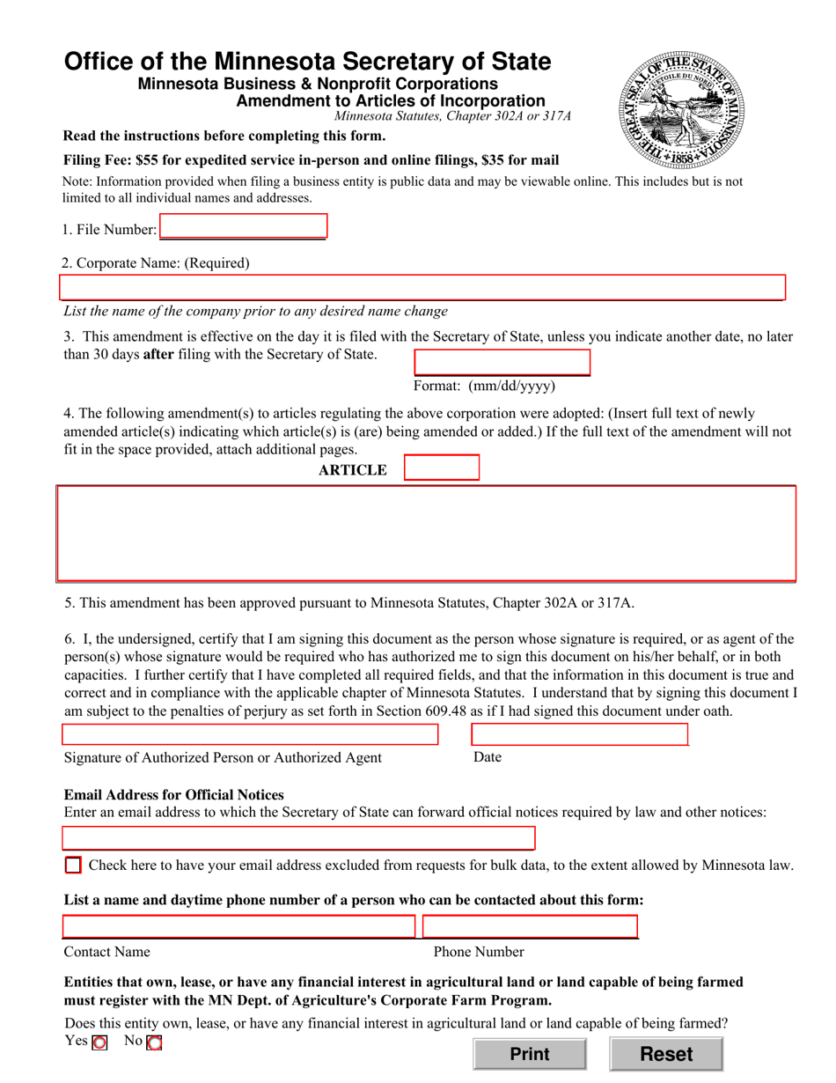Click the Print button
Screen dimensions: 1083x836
point(529,1054)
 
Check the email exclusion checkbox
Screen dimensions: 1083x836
point(74,865)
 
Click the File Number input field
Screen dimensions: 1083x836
point(243,227)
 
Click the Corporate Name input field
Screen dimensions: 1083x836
point(422,288)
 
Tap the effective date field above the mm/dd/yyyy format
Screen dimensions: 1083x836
point(502,363)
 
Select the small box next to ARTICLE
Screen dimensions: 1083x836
point(441,468)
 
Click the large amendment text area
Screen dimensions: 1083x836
point(426,533)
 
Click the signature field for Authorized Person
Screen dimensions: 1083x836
point(250,735)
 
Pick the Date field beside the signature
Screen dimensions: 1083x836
point(579,735)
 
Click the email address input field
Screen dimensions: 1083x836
point(298,838)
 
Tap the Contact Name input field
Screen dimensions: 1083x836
point(238,927)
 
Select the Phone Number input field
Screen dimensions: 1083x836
point(530,927)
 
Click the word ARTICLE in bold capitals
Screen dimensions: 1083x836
point(353,470)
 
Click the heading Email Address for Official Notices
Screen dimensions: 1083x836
point(174,795)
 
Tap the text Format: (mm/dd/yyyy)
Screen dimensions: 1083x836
point(485,386)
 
